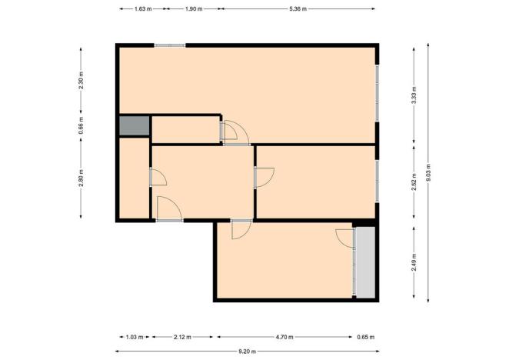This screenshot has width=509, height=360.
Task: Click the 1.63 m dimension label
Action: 141,9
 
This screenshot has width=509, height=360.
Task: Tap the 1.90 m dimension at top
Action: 194,9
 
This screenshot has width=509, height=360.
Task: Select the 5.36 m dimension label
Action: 298,9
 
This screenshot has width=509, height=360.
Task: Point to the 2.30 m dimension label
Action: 82,81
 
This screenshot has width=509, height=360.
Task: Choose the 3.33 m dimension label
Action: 414,98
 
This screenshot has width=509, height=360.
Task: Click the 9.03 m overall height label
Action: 429,172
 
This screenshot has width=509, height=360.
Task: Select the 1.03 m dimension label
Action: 135,337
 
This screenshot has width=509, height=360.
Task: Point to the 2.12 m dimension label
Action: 183,337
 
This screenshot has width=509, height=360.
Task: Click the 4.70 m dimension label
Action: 285,337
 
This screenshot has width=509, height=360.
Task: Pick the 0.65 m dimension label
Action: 366,337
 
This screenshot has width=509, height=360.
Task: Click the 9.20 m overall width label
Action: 246,352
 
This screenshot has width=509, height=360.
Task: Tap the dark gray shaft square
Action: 134,126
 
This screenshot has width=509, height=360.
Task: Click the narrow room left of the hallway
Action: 134,179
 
